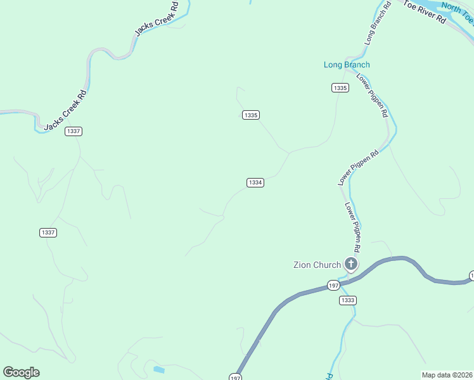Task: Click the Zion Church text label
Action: [x=316, y=265]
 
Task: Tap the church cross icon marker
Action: [x=351, y=264]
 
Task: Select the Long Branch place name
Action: [x=347, y=65]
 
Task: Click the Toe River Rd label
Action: [x=425, y=11]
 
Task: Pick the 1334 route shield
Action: [x=255, y=182]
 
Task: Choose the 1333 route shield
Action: [x=347, y=300]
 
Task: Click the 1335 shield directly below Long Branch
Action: [x=340, y=87]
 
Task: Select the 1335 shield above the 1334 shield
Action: [x=250, y=115]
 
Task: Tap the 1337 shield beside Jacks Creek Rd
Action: [x=74, y=131]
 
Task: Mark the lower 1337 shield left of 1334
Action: [x=48, y=232]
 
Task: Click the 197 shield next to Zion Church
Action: [x=334, y=286]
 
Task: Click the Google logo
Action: [x=21, y=372]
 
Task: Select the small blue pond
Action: [x=158, y=369]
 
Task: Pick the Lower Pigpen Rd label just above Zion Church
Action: [x=352, y=224]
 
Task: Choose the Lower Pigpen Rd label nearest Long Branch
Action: [x=372, y=96]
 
